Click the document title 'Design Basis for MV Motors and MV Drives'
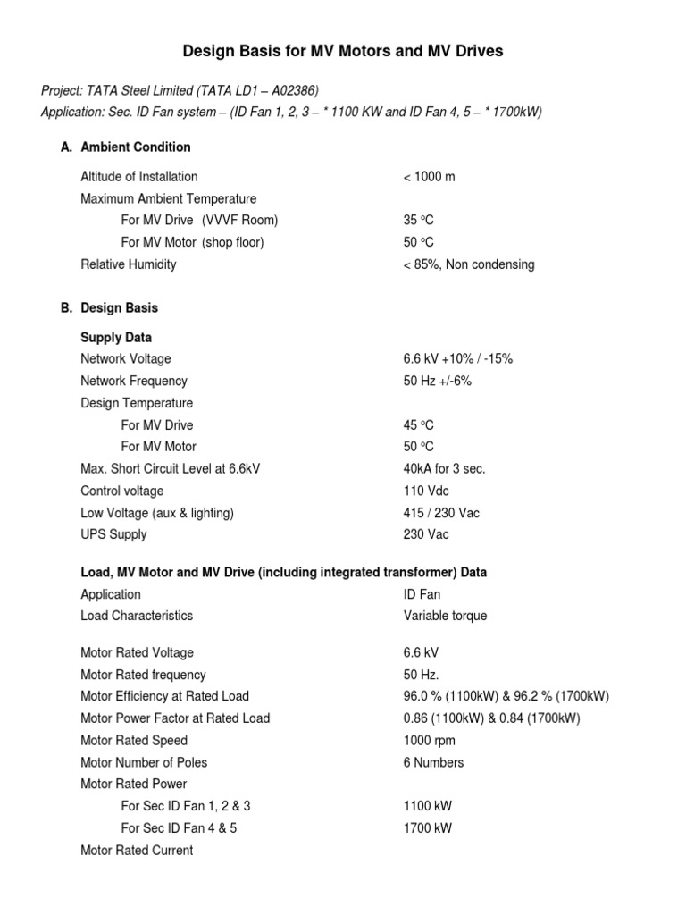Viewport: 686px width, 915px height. click(343, 52)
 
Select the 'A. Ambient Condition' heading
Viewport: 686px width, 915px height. click(126, 147)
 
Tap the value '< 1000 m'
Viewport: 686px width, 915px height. click(429, 177)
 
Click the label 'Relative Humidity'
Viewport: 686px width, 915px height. click(129, 264)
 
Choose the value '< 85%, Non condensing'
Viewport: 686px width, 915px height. click(469, 264)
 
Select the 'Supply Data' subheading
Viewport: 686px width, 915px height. click(116, 338)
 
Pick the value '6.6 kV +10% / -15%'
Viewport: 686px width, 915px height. click(458, 359)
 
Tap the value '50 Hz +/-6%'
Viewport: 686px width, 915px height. click(437, 381)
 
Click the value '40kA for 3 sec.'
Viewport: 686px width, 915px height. click(444, 469)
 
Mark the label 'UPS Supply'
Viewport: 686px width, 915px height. click(113, 534)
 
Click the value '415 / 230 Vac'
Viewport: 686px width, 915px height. click(441, 513)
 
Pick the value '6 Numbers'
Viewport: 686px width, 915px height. click(433, 762)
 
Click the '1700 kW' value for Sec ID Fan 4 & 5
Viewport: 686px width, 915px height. click(428, 828)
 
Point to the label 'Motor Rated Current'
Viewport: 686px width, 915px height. click(137, 851)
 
